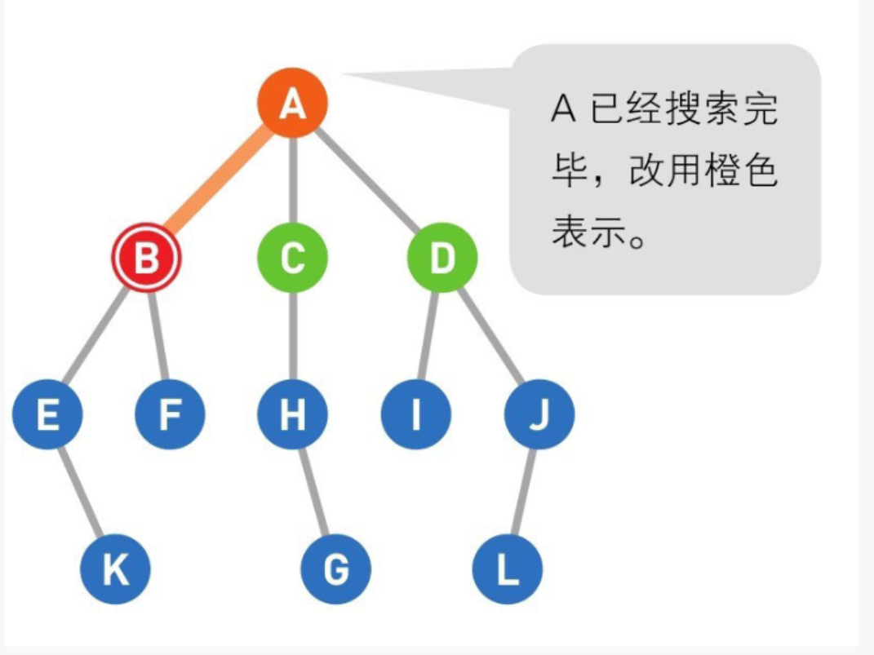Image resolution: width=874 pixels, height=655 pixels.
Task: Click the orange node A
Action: tap(292, 104)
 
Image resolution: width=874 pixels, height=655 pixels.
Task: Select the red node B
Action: tap(146, 259)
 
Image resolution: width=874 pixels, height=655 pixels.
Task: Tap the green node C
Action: tap(292, 259)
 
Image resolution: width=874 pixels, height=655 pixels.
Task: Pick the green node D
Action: tap(441, 259)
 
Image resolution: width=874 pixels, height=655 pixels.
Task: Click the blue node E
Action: tap(47, 414)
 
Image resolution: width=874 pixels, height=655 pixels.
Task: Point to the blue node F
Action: tap(170, 414)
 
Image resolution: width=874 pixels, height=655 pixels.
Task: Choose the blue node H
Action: tap(292, 414)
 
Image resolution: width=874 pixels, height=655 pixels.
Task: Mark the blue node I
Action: tap(415, 414)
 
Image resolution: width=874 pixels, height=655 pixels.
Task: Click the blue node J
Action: tap(539, 414)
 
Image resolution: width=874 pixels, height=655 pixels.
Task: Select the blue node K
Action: tap(115, 569)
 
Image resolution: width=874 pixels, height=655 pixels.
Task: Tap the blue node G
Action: tap(335, 569)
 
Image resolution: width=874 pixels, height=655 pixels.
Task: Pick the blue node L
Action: tap(507, 569)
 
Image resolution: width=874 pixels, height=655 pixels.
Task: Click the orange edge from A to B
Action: tap(219, 181)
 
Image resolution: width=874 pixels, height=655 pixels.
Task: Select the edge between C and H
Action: tap(292, 336)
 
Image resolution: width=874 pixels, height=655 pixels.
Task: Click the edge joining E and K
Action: tap(82, 492)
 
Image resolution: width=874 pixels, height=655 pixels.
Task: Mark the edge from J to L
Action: tap(523, 492)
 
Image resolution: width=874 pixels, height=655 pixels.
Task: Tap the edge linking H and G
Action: tap(314, 492)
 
